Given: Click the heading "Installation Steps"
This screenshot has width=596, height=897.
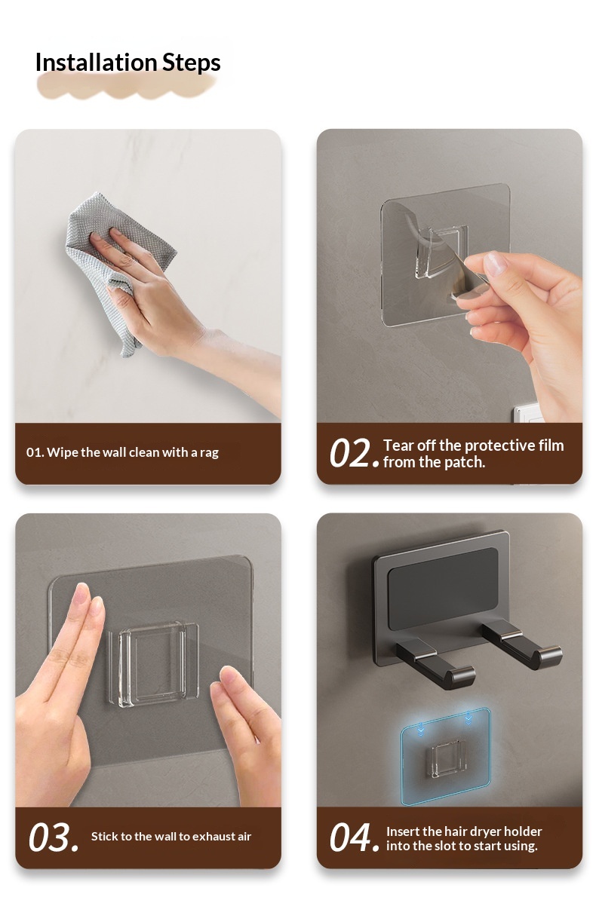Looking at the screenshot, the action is point(127,63).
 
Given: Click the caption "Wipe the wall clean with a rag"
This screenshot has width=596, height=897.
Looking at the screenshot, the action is point(132,452).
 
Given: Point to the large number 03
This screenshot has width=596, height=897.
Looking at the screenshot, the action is point(54,837).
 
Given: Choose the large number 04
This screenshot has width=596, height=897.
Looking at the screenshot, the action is point(354,837).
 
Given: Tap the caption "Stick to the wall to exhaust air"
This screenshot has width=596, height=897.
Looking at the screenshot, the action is point(171,837).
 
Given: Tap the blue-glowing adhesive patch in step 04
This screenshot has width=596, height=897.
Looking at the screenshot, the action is point(445,755).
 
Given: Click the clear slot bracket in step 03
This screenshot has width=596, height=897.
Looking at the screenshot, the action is point(153,663).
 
